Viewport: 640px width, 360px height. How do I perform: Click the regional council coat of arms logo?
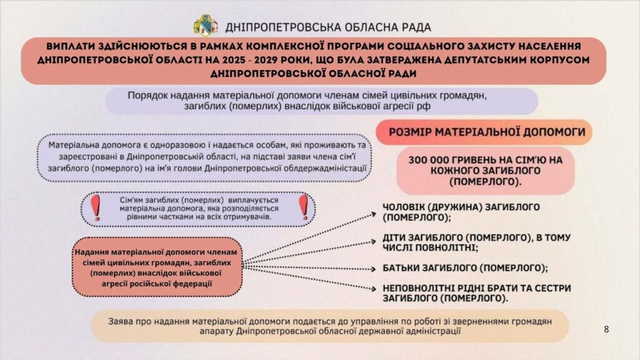(206, 25)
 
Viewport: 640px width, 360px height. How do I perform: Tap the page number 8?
(606, 329)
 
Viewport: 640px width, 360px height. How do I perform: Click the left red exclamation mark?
(96, 207)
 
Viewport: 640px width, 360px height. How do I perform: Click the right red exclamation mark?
(304, 207)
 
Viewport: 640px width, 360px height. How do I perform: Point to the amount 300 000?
(432, 160)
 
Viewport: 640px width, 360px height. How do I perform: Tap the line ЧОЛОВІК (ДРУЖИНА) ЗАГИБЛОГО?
(461, 207)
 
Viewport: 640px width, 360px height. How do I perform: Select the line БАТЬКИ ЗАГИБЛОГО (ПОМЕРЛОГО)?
(465, 267)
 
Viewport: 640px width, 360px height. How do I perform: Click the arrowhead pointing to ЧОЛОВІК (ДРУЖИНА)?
(371, 212)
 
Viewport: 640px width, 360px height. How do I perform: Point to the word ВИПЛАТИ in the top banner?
(68, 47)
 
